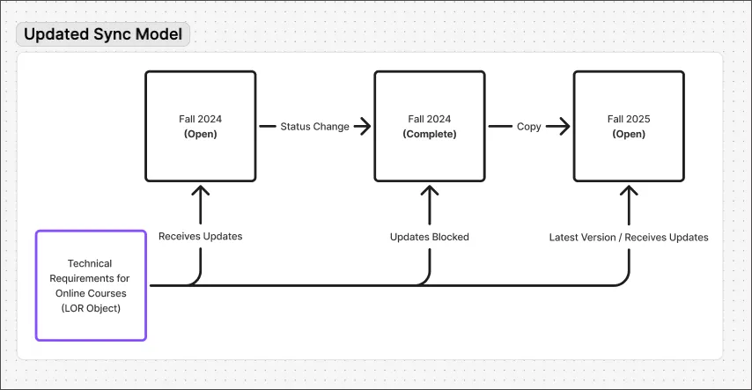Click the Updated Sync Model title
pyautogui.click(x=104, y=35)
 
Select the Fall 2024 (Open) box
pyautogui.click(x=200, y=126)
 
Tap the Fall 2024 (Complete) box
pyautogui.click(x=429, y=126)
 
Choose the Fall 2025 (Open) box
pyautogui.click(x=629, y=126)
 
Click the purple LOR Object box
pyautogui.click(x=90, y=285)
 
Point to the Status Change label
pyautogui.click(x=314, y=127)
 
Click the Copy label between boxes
pyautogui.click(x=528, y=127)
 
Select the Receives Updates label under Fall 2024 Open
pyautogui.click(x=200, y=237)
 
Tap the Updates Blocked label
pyautogui.click(x=429, y=237)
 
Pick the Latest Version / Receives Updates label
pyautogui.click(x=629, y=237)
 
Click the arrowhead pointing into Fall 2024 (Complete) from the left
pyautogui.click(x=365, y=127)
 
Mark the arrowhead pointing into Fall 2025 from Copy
pyautogui.click(x=564, y=127)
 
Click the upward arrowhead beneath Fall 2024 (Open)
pyautogui.click(x=201, y=190)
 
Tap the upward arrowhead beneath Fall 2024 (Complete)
pyautogui.click(x=430, y=190)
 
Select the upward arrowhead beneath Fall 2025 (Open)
pyautogui.click(x=629, y=190)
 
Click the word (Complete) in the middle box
pyautogui.click(x=429, y=135)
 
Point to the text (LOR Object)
pyautogui.click(x=90, y=308)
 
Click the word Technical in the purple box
pyautogui.click(x=90, y=263)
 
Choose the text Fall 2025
pyautogui.click(x=629, y=118)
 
